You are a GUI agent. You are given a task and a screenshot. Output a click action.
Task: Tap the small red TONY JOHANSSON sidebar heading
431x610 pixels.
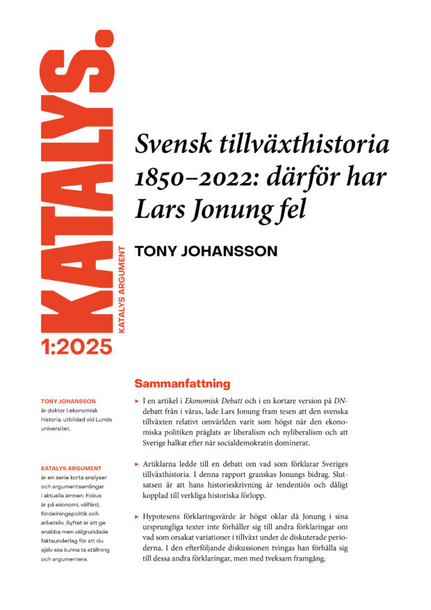tap(68, 401)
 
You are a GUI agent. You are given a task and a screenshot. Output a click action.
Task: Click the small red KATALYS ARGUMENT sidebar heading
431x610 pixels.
tap(72, 468)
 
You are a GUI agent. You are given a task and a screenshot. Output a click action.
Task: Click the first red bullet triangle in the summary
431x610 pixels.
tap(136, 403)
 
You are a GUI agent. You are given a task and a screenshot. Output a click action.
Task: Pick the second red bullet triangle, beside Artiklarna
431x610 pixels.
tap(136, 463)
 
